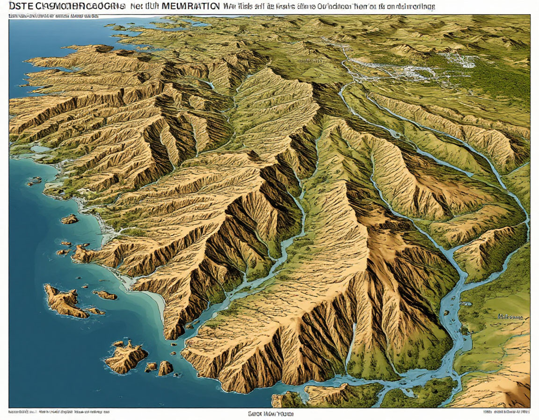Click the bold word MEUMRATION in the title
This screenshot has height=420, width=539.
click(189, 7)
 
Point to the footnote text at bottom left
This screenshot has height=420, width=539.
click(58, 412)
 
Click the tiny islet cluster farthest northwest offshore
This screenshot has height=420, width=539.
click(34, 181)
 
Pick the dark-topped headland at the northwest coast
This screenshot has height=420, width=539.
click(101, 48)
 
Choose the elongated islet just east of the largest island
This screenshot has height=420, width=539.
click(105, 295)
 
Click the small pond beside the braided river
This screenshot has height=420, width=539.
click(466, 304)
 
